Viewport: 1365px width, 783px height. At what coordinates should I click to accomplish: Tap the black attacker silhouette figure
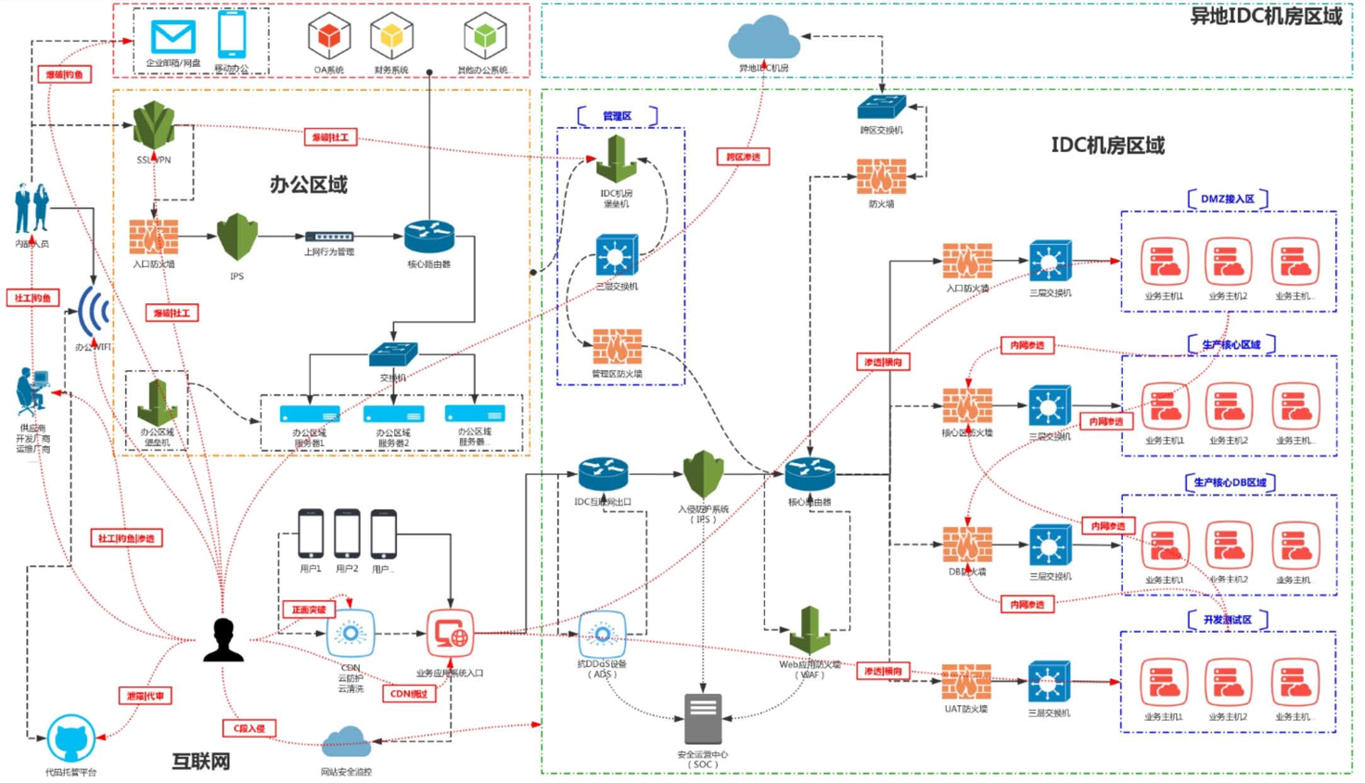[223, 640]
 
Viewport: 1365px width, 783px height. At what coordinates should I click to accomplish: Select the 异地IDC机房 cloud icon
[764, 38]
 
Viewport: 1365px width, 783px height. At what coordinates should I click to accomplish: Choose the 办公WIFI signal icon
[93, 313]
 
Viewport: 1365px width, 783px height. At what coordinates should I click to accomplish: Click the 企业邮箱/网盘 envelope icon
[173, 37]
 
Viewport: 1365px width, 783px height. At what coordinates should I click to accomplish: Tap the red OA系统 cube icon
[328, 37]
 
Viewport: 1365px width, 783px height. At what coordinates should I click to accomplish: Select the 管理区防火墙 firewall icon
[617, 347]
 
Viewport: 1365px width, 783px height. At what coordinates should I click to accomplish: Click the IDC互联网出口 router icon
[603, 474]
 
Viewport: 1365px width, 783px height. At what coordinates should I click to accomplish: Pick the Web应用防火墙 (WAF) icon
[810, 631]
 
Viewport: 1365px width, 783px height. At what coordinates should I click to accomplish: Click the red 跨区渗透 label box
[743, 157]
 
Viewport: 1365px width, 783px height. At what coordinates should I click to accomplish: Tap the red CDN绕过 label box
[409, 693]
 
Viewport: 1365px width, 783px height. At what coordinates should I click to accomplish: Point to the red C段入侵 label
[249, 728]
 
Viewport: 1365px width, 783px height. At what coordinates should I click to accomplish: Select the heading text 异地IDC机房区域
[1266, 17]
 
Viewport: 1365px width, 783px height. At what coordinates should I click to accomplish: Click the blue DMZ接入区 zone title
[1227, 199]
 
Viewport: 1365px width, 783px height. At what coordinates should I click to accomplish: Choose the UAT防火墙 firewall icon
[966, 682]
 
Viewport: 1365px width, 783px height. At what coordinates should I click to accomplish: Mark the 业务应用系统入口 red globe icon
[450, 634]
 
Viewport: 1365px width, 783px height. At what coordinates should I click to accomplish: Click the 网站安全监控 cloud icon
[346, 742]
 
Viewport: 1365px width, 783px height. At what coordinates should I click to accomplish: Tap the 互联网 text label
[201, 762]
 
